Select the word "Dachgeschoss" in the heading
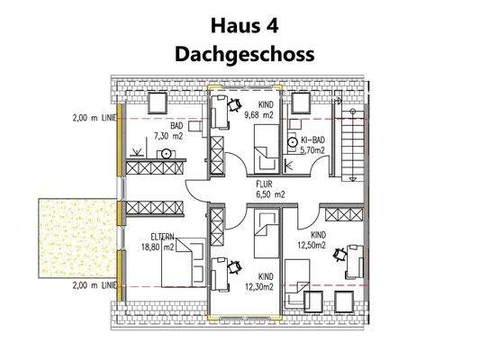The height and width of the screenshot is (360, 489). coord(244,53)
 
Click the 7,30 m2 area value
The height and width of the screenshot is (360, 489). coord(168,138)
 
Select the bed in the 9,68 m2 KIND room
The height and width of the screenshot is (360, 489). coord(266,146)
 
